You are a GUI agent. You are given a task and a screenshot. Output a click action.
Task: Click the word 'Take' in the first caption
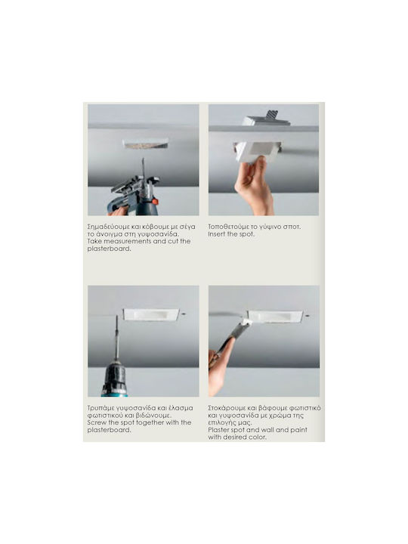click(94, 241)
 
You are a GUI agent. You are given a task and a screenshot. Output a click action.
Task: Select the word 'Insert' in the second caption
click(217, 233)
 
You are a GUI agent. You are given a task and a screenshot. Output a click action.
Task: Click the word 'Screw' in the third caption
click(97, 422)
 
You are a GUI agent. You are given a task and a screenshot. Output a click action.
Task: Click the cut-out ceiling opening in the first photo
click(146, 144)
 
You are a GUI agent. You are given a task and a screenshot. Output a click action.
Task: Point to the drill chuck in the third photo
click(114, 379)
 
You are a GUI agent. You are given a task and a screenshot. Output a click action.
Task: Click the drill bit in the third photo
click(116, 338)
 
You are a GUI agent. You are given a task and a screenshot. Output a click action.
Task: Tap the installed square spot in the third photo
click(151, 314)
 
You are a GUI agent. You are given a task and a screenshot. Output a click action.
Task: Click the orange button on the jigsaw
click(155, 201)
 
